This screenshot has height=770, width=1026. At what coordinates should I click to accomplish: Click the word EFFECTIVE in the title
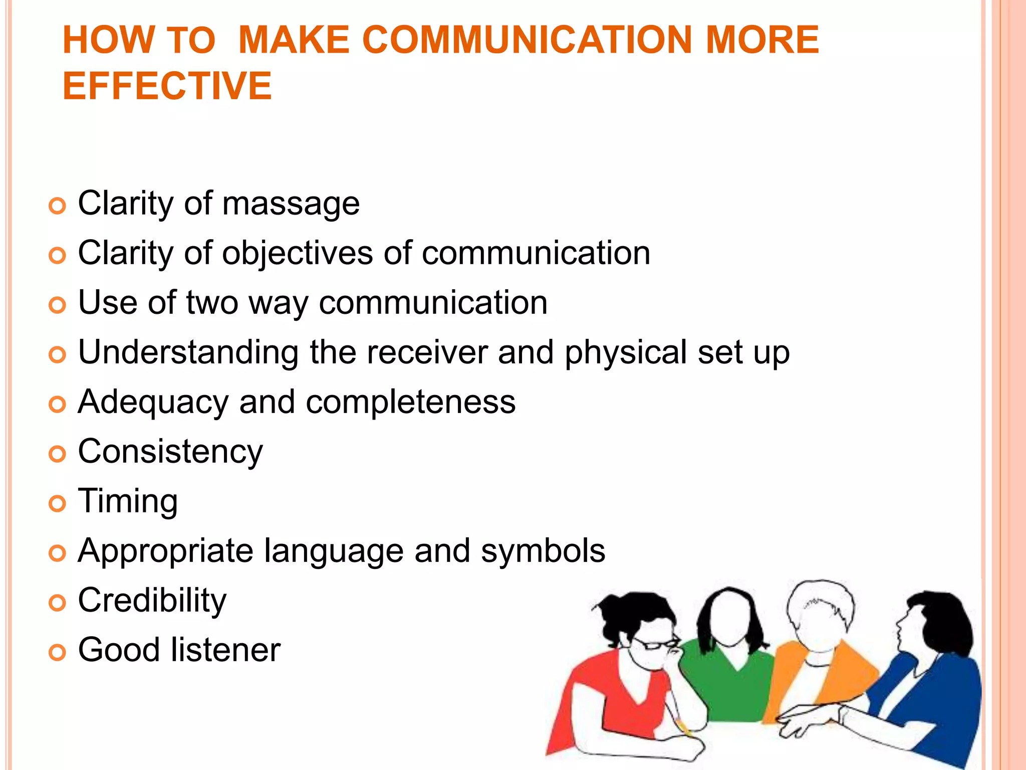[167, 86]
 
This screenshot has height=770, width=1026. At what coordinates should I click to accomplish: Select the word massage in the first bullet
[291, 204]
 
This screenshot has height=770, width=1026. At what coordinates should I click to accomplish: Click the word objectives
[298, 253]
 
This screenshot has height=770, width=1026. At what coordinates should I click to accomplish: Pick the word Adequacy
[153, 403]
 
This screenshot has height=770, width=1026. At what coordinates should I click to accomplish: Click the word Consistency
[170, 452]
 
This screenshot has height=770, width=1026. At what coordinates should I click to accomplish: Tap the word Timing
[128, 501]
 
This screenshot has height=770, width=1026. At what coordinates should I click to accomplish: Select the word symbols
[543, 551]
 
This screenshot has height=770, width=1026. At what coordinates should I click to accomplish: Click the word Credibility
[152, 601]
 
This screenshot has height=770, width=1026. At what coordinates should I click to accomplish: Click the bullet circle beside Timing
[58, 503]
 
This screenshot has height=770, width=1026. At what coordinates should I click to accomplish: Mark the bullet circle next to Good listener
[58, 652]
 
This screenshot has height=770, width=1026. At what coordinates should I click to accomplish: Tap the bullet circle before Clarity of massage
[58, 206]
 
